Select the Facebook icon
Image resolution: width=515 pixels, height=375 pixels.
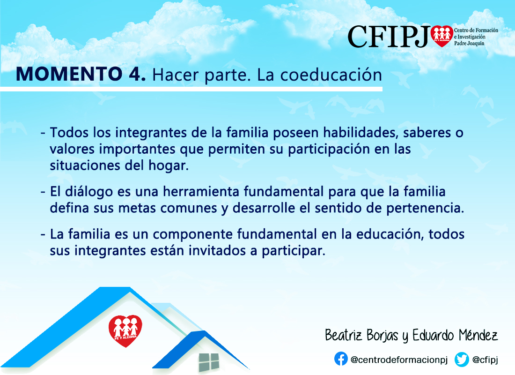coord(341,359)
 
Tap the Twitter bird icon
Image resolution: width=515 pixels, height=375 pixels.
coord(462,359)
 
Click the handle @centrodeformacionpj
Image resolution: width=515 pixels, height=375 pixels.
coord(399,360)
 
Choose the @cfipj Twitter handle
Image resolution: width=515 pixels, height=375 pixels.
coord(485,360)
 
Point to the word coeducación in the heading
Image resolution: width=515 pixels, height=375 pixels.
coord(331,75)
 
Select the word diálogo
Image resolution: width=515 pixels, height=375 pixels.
coord(88,192)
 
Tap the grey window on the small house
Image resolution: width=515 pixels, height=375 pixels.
coord(208,362)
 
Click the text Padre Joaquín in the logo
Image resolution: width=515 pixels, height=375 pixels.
coord(469,43)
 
